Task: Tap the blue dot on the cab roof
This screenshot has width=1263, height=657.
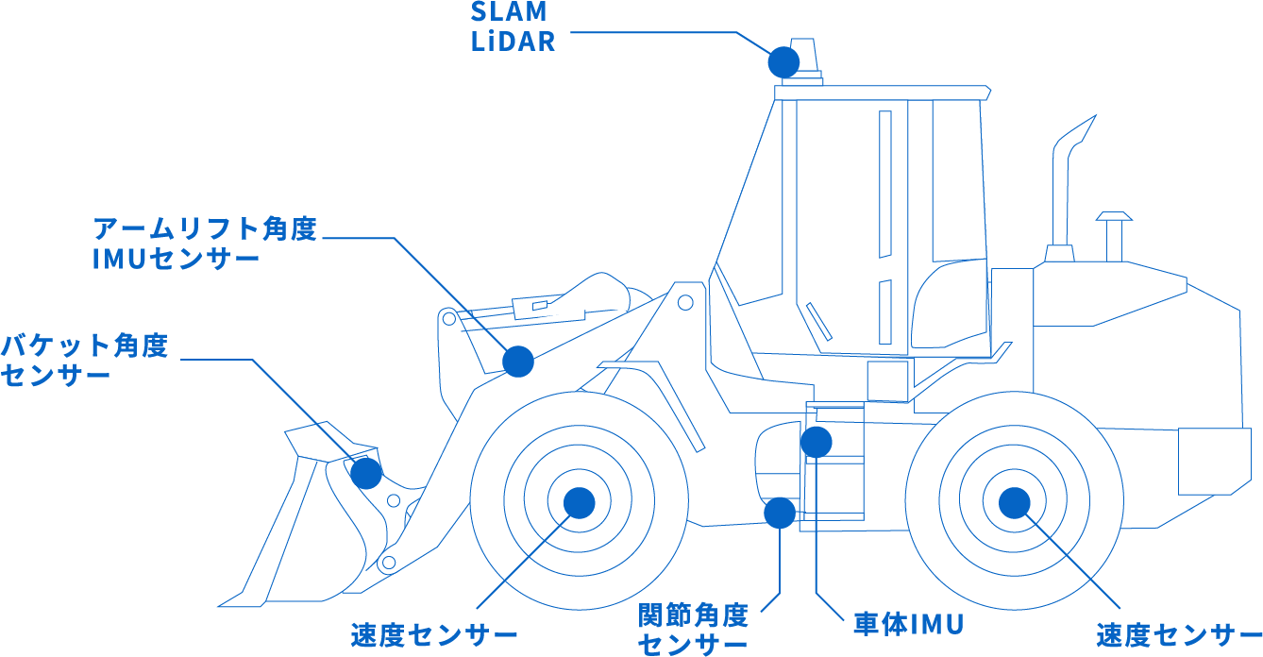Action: pos(783,61)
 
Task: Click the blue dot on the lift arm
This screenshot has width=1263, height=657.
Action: pos(517,361)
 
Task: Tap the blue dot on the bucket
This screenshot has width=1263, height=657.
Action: pos(366,472)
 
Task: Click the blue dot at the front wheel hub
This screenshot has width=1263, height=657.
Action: pos(579,502)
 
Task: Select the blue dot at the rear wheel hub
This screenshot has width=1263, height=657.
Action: pos(1013,502)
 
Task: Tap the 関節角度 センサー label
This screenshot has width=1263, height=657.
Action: pos(694,631)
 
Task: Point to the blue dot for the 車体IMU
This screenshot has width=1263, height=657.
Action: pos(816,442)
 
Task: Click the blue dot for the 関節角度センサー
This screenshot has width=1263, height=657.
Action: pos(780,513)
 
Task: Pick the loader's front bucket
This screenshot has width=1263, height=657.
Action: pos(312,519)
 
